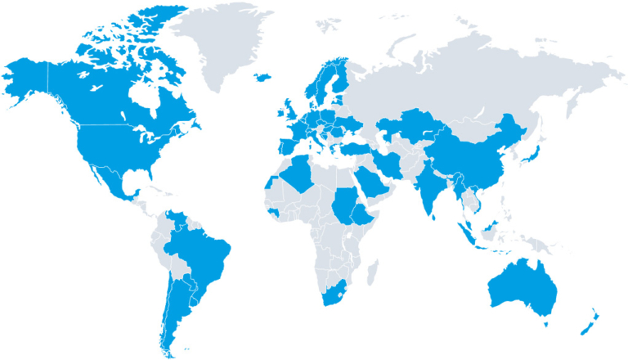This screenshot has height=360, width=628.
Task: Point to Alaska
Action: coord(29,78)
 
